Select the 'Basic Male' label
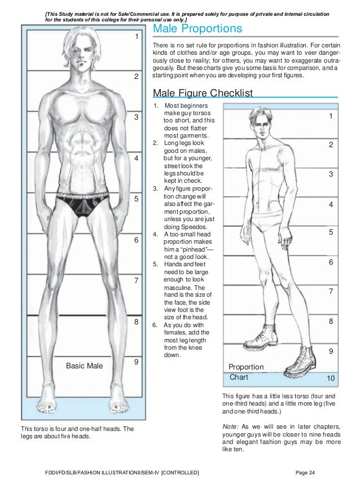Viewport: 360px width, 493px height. [85, 366]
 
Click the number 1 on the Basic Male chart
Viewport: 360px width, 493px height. [136, 37]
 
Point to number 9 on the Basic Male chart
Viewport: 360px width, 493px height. [136, 363]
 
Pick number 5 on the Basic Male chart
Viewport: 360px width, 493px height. [136, 200]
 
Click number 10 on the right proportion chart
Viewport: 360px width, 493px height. [331, 376]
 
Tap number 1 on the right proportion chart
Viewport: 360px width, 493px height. [331, 116]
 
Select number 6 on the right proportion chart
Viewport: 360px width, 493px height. [331, 262]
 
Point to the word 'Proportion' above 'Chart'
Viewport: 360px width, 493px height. [246, 367]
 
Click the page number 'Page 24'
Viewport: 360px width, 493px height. [306, 472]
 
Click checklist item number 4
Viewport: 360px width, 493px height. [155, 235]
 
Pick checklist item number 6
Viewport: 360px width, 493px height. [155, 325]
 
